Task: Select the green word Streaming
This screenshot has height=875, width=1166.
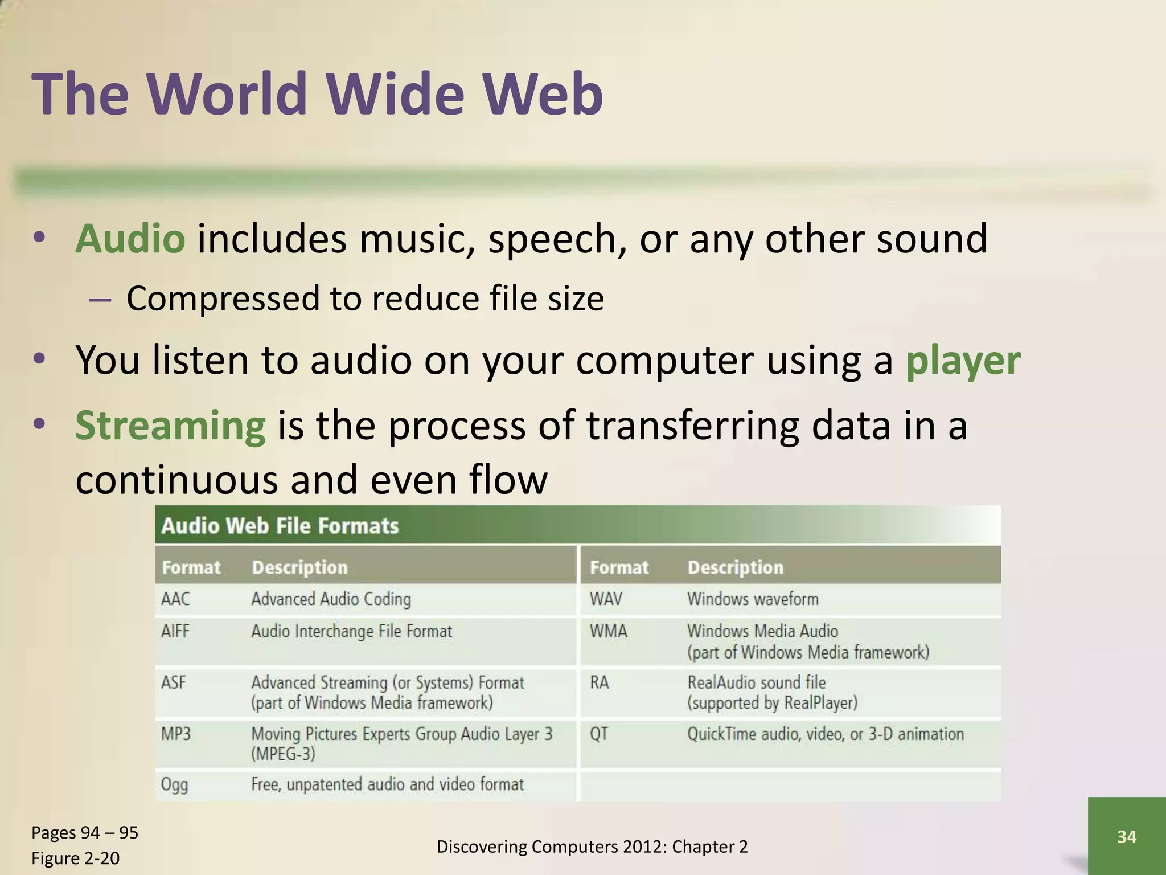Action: (170, 426)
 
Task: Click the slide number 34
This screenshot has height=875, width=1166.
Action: (1127, 836)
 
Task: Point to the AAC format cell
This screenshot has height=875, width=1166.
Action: (176, 599)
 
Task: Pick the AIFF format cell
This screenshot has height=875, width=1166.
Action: (175, 631)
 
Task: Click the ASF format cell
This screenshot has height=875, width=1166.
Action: (174, 682)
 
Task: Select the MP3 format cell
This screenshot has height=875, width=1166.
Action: (176, 733)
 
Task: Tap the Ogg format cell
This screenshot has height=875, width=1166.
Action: (174, 784)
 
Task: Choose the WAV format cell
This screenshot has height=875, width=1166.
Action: (606, 599)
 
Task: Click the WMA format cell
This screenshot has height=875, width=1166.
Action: (609, 631)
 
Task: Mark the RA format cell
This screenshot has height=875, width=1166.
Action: (600, 682)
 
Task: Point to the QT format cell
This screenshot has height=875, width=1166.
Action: (599, 733)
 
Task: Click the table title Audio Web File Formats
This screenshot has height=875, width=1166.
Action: (280, 525)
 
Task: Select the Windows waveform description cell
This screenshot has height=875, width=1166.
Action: (753, 599)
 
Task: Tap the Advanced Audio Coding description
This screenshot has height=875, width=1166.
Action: (331, 599)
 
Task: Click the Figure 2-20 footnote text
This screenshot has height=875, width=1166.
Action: (76, 858)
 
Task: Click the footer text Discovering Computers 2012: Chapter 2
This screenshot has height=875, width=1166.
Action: (592, 847)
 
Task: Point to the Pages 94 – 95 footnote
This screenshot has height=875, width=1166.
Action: (85, 832)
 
